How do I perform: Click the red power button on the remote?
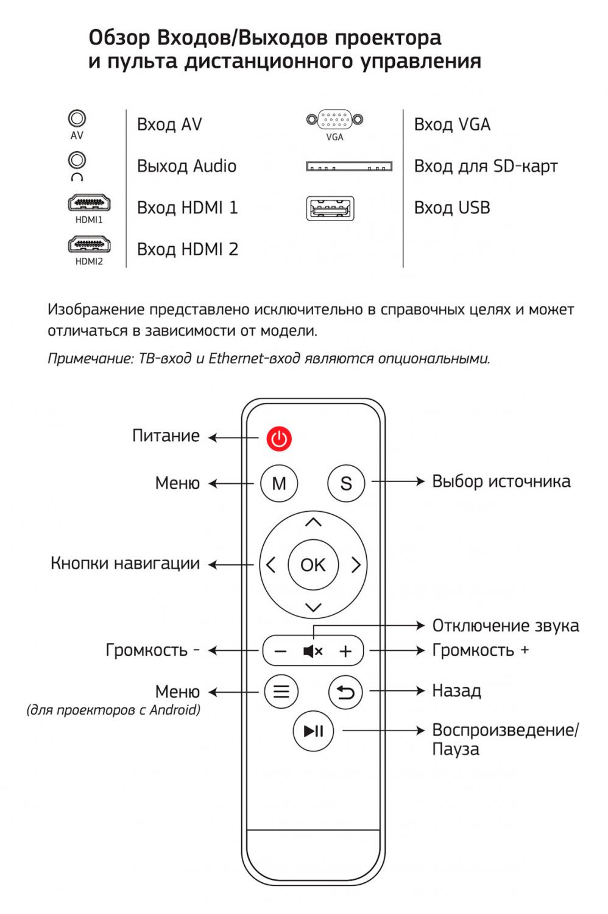279,439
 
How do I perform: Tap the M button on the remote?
279,483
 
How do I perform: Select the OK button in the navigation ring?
313,565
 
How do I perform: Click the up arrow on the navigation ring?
313,522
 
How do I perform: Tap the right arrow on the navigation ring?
356,565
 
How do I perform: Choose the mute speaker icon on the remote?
313,651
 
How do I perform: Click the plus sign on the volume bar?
345,651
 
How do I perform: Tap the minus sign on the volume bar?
280,651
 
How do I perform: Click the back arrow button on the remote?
345,692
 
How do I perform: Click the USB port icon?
330,208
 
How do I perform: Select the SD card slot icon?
349,166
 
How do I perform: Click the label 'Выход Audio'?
186,166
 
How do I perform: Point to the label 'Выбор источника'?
501,481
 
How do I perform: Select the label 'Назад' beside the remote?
457,691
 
